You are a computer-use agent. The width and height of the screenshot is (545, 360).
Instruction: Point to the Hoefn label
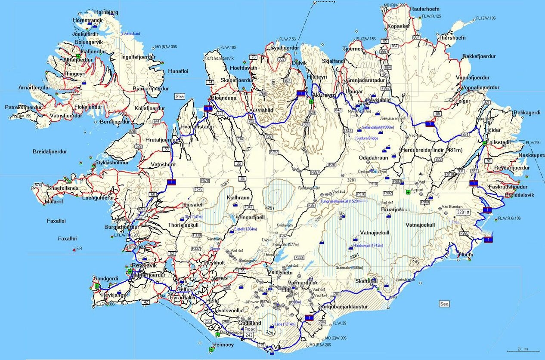[466, 255]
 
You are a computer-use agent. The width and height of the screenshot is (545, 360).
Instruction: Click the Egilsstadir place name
[502, 142]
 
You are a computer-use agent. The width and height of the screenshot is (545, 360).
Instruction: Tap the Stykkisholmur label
[112, 163]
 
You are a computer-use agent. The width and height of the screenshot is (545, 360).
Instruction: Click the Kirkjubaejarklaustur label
[344, 307]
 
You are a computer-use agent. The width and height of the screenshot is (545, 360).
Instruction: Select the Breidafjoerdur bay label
[50, 151]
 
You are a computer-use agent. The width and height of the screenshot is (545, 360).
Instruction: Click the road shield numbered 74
[210, 82]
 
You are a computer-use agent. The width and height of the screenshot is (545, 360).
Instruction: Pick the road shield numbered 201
[337, 294]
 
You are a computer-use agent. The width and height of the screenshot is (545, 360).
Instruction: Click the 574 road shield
[38, 185]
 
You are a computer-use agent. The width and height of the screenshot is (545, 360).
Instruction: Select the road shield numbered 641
[157, 121]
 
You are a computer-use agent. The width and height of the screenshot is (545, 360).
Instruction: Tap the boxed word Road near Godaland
[250, 329]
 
